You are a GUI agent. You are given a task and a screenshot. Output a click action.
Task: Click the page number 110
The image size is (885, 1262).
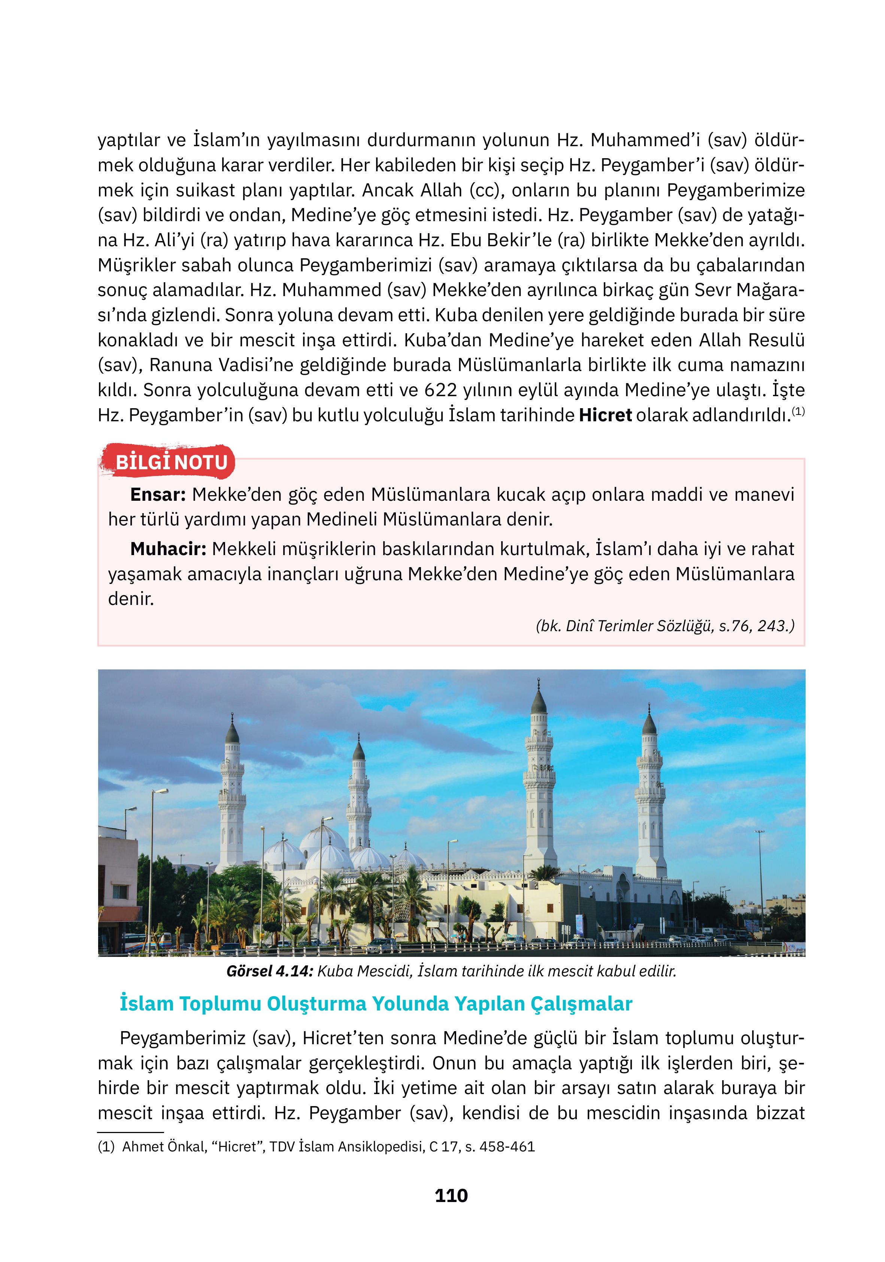coord(451,1196)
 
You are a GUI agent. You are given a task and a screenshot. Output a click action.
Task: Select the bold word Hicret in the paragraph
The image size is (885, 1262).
coord(605,415)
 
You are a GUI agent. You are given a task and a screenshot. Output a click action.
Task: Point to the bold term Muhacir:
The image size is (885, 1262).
coord(167,549)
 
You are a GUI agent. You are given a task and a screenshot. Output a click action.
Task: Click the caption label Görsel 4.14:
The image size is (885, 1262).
coord(269,971)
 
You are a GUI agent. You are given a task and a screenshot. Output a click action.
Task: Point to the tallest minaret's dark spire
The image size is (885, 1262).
coord(538,701)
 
